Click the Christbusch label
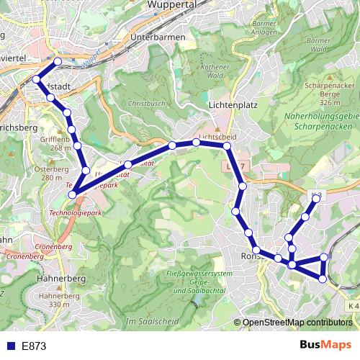click(147, 104)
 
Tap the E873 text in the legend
click(34, 346)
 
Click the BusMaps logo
click(325, 345)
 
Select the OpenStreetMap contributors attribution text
click(298, 323)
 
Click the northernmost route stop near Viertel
click(58, 61)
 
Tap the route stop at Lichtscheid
click(197, 143)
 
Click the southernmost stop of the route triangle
click(323, 279)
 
